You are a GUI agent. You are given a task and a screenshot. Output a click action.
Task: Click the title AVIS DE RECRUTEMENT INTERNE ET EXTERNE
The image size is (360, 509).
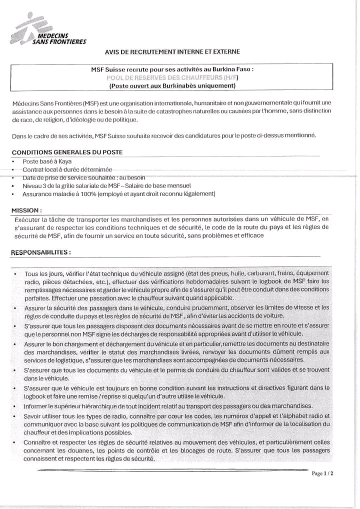[x=172, y=51]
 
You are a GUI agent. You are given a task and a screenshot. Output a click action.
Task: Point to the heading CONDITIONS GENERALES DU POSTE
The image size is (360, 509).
[x=67, y=152]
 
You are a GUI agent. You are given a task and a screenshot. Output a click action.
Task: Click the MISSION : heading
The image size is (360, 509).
[x=26, y=210]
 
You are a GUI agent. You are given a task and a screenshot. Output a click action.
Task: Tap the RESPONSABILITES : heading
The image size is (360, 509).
[x=40, y=252]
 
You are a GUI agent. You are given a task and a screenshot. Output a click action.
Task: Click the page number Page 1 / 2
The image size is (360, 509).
[x=322, y=473]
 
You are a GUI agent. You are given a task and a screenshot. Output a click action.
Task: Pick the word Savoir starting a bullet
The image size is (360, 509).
[x=34, y=416]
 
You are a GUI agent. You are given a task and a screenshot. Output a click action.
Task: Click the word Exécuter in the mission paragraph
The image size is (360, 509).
[x=29, y=218]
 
